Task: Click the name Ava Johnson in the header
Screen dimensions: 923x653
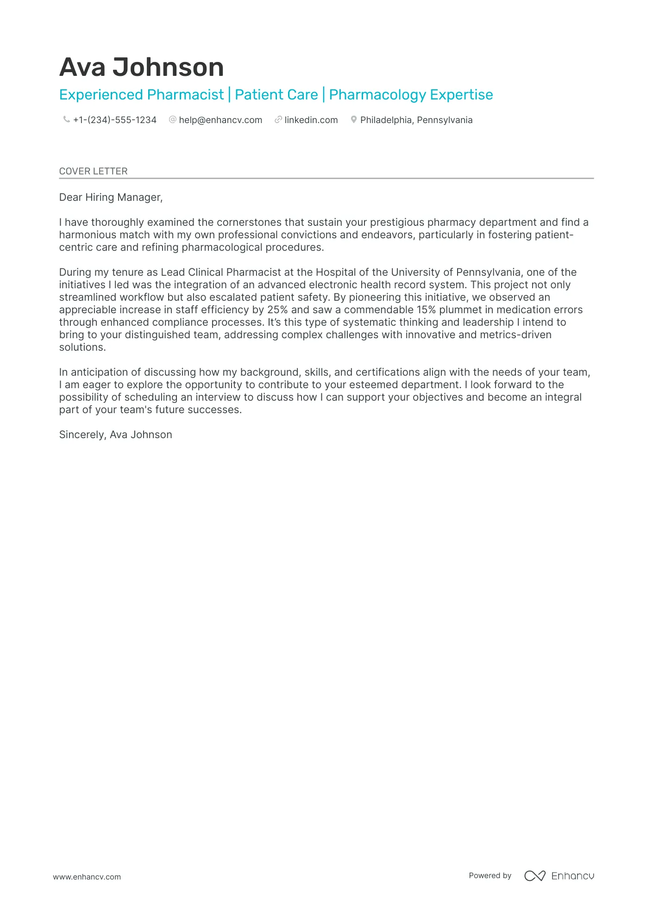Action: click(x=141, y=67)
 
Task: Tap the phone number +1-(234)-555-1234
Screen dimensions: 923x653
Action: click(x=114, y=120)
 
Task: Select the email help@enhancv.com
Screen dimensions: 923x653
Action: click(x=220, y=120)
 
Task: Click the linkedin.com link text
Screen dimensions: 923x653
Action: click(x=311, y=120)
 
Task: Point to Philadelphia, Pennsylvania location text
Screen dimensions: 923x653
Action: click(x=416, y=120)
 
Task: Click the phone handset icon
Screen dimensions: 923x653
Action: click(x=66, y=119)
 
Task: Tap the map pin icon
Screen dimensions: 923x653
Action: click(x=353, y=119)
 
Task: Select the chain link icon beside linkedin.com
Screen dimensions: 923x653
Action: click(x=278, y=119)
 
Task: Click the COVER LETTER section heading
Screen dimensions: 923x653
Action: click(x=93, y=171)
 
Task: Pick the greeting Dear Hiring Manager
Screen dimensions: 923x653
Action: click(x=111, y=197)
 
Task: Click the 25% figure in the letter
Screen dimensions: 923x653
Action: click(x=277, y=310)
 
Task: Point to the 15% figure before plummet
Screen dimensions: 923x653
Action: click(x=426, y=310)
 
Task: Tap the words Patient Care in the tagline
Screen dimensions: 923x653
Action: click(x=276, y=95)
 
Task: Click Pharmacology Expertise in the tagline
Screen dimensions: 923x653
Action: click(x=411, y=95)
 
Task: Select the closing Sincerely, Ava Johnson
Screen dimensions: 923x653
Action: click(x=115, y=434)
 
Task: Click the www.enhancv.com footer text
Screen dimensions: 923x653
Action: click(x=87, y=877)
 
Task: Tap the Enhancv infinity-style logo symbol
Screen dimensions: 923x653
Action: click(x=534, y=875)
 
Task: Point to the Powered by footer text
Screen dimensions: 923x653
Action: click(x=490, y=875)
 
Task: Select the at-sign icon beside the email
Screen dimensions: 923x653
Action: click(x=173, y=119)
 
